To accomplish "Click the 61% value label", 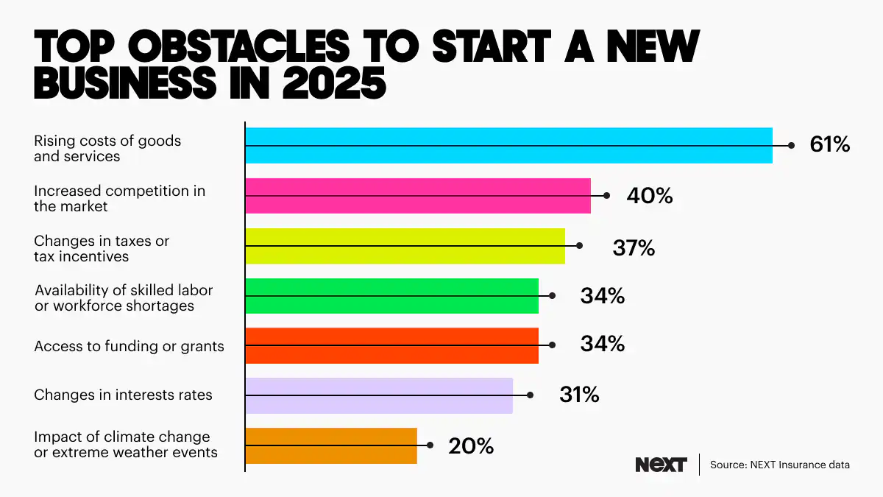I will point(829,145).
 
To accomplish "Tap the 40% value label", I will point(650,196).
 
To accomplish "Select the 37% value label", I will point(634,248).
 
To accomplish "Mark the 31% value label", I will point(579,395).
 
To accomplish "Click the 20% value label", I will point(470,446).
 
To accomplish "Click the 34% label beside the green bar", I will point(602,296).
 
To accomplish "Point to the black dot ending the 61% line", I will point(791,145).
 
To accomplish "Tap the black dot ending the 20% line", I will point(430,445).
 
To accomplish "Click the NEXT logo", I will point(660,465).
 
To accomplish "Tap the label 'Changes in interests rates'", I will point(123,395).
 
